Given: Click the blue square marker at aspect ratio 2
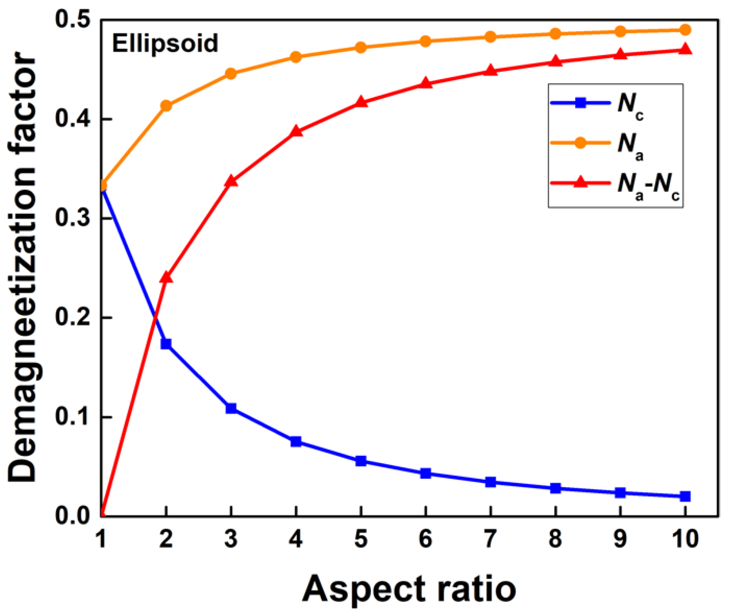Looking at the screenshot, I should pyautogui.click(x=166, y=344).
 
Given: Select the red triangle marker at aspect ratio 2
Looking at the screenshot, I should pyautogui.click(x=166, y=277).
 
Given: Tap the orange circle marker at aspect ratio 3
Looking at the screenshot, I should pyautogui.click(x=231, y=73).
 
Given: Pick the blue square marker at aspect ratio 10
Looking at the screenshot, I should pyautogui.click(x=685, y=496).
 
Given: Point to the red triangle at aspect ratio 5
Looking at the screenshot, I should pyautogui.click(x=361, y=102).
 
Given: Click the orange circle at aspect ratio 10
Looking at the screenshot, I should pyautogui.click(x=685, y=30).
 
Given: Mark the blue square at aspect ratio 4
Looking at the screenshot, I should pyautogui.click(x=296, y=442).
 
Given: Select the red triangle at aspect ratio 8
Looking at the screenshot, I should pyautogui.click(x=555, y=62).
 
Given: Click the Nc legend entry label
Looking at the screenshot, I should pyautogui.click(x=630, y=105).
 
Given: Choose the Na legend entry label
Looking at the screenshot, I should pyautogui.click(x=630, y=145).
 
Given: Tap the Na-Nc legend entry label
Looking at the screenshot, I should pyautogui.click(x=648, y=186).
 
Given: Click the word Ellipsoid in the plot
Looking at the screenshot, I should pyautogui.click(x=165, y=43).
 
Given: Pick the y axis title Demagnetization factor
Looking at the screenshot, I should pyautogui.click(x=23, y=268).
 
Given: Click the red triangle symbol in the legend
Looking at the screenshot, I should pyautogui.click(x=581, y=182).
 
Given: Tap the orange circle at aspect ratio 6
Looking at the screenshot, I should pyautogui.click(x=425, y=41).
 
